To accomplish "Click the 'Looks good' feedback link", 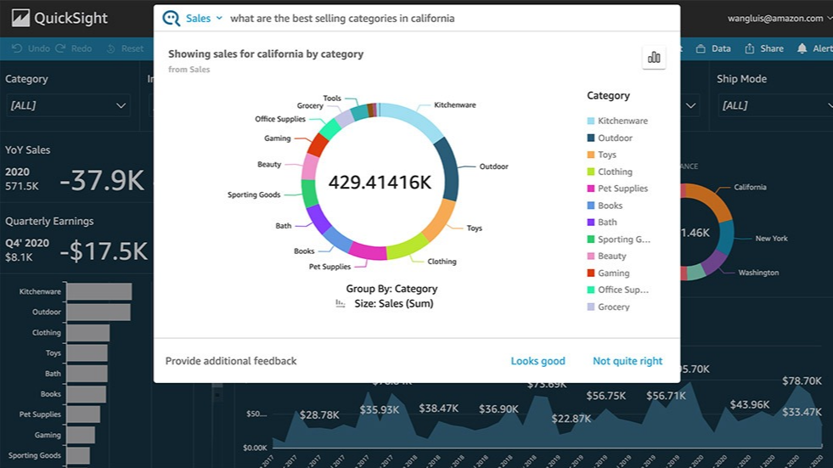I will (538, 361).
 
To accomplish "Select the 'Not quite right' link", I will (628, 361).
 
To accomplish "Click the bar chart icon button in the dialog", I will (654, 57).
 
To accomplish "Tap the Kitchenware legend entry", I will (622, 121).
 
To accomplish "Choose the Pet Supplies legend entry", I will (622, 189).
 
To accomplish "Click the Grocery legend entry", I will (613, 307).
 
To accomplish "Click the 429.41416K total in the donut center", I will (380, 183).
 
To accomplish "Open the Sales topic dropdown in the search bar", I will (204, 18).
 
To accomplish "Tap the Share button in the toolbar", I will (763, 48).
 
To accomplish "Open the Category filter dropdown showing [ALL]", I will (68, 105).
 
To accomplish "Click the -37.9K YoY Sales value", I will (102, 179).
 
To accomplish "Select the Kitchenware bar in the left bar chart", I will (98, 291).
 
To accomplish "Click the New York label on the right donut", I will (771, 239).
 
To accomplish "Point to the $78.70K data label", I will (802, 381).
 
